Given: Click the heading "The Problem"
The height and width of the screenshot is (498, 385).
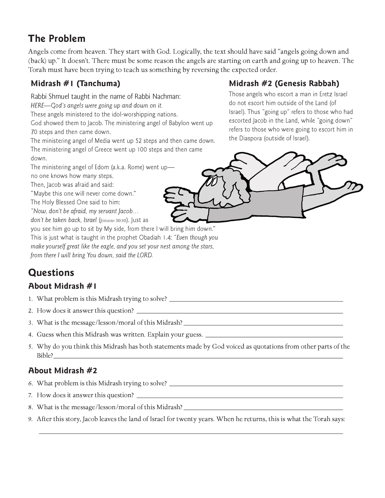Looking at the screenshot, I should [57, 39].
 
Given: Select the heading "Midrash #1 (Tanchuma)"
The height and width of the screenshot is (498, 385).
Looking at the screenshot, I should [75, 84].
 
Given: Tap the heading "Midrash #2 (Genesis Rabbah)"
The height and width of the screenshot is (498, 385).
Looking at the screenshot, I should [284, 84].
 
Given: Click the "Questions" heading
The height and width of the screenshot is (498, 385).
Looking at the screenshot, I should [51, 272].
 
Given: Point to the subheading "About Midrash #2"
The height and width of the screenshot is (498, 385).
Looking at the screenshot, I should [63, 370].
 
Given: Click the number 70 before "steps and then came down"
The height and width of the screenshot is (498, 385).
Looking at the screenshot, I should [34, 132].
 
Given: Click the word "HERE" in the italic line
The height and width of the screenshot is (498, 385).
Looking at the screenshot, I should [37, 105].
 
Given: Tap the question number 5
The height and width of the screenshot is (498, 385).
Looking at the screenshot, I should [30, 347].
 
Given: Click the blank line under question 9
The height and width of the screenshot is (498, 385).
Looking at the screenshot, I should [191, 433].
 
